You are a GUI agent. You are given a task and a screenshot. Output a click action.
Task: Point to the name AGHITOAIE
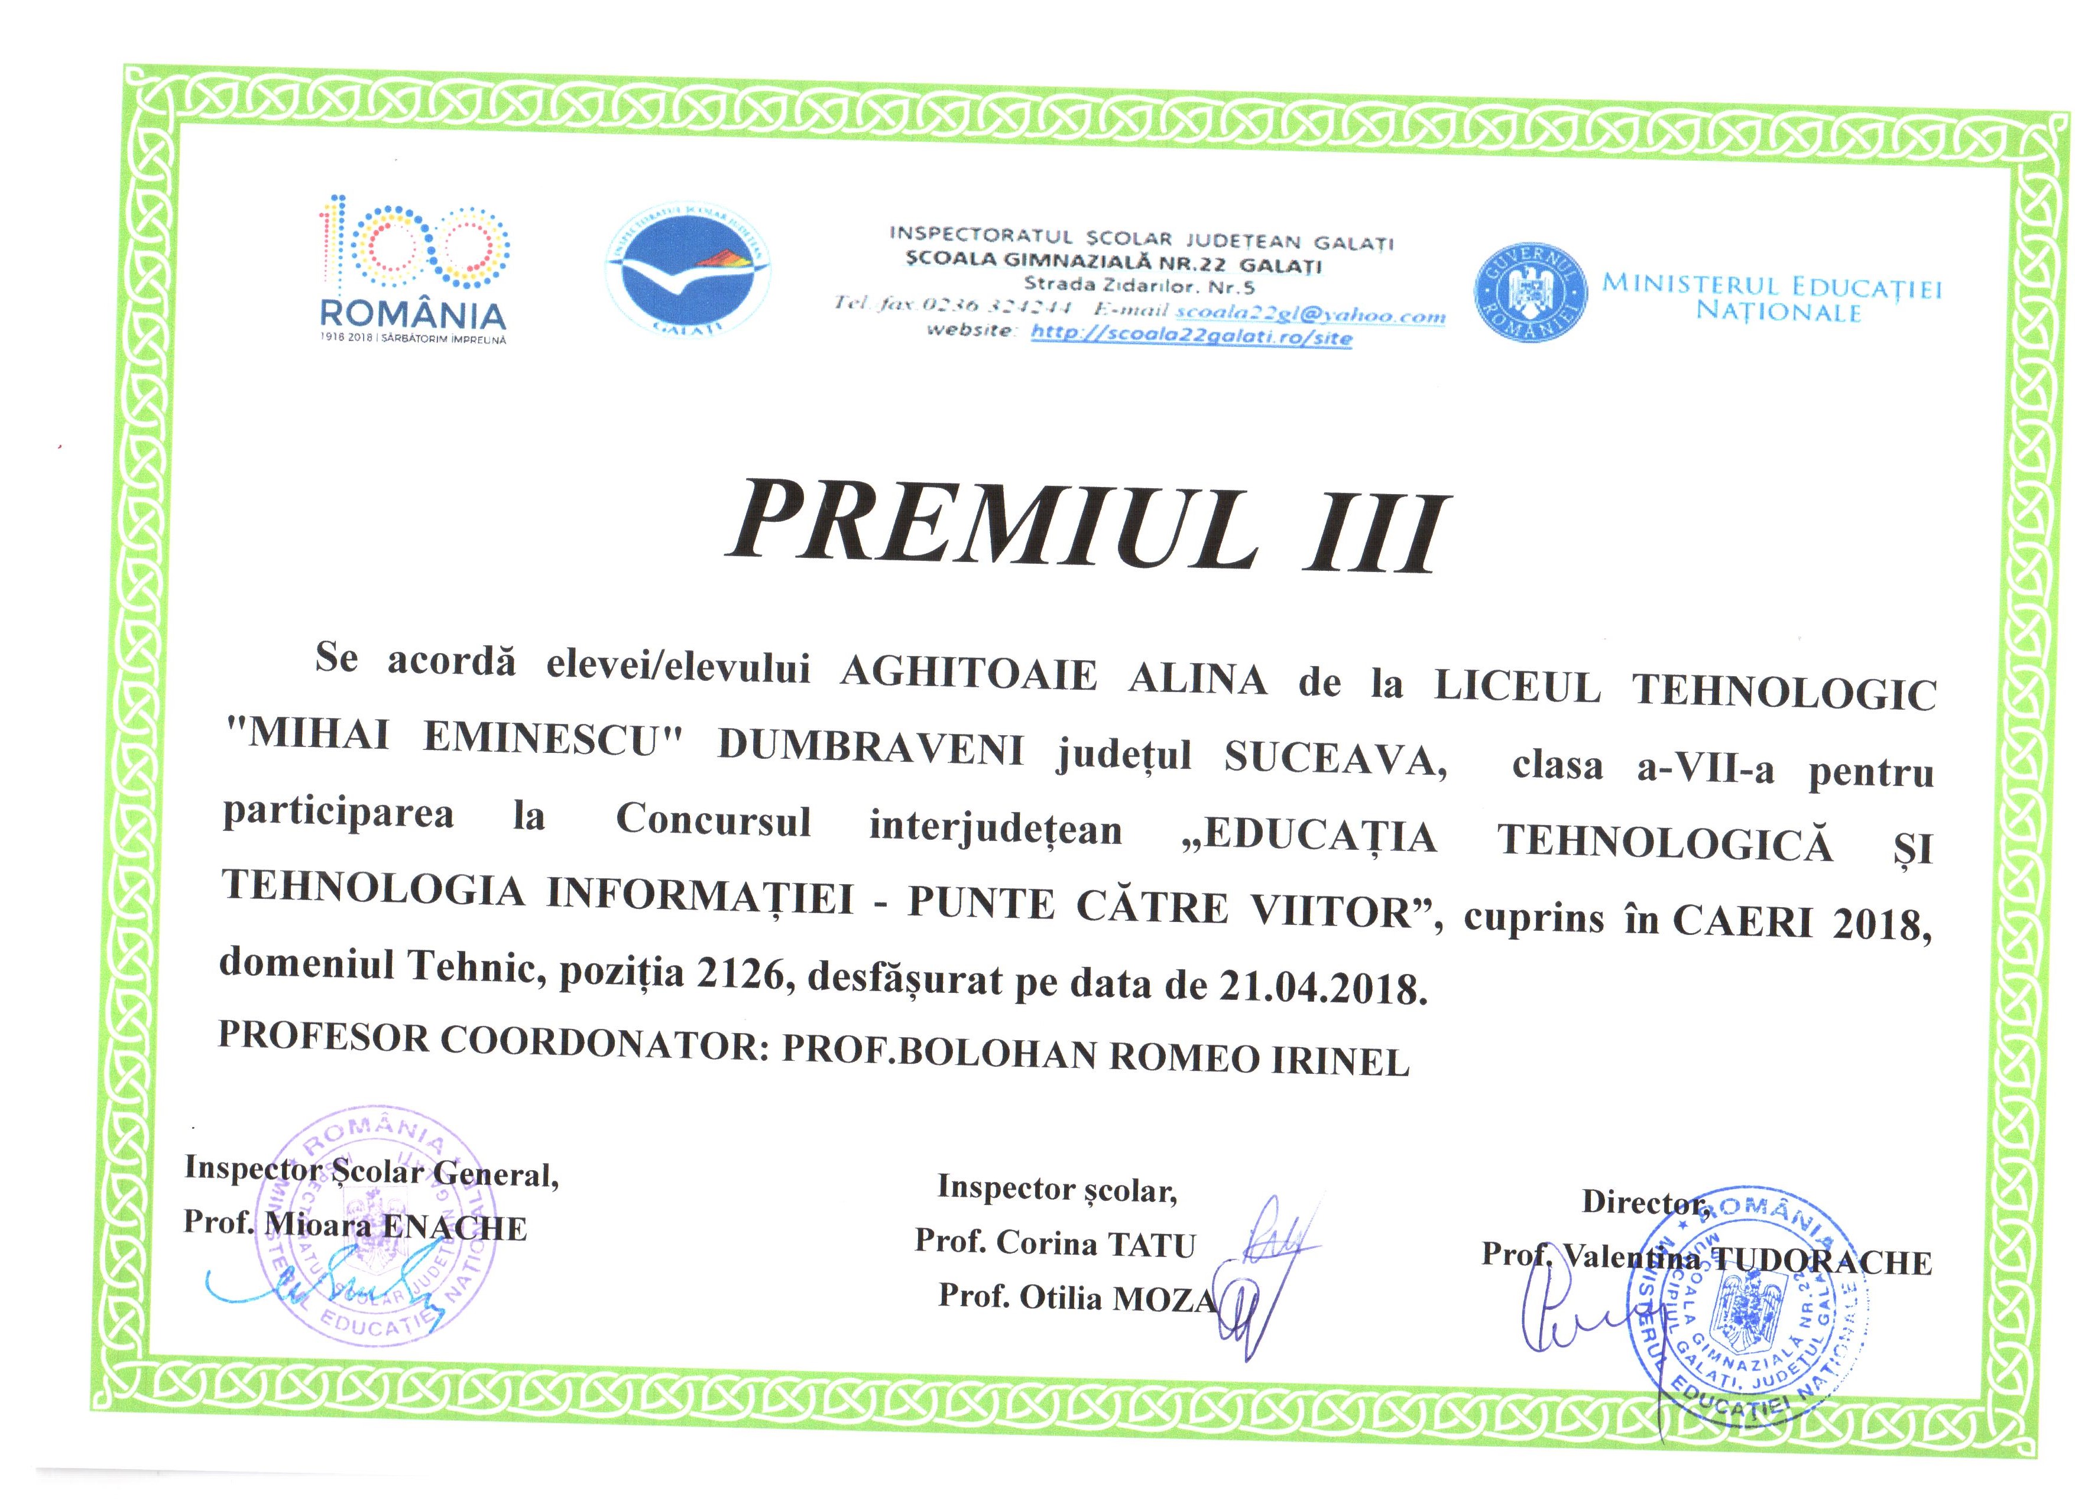click(x=968, y=675)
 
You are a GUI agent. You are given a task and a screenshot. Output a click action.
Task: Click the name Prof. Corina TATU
click(x=1055, y=1243)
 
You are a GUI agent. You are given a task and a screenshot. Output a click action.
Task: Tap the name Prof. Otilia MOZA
click(x=1077, y=1297)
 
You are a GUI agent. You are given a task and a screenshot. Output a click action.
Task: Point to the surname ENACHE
click(x=454, y=1227)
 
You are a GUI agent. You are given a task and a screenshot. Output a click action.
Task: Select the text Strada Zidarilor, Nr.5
click(x=1139, y=285)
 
